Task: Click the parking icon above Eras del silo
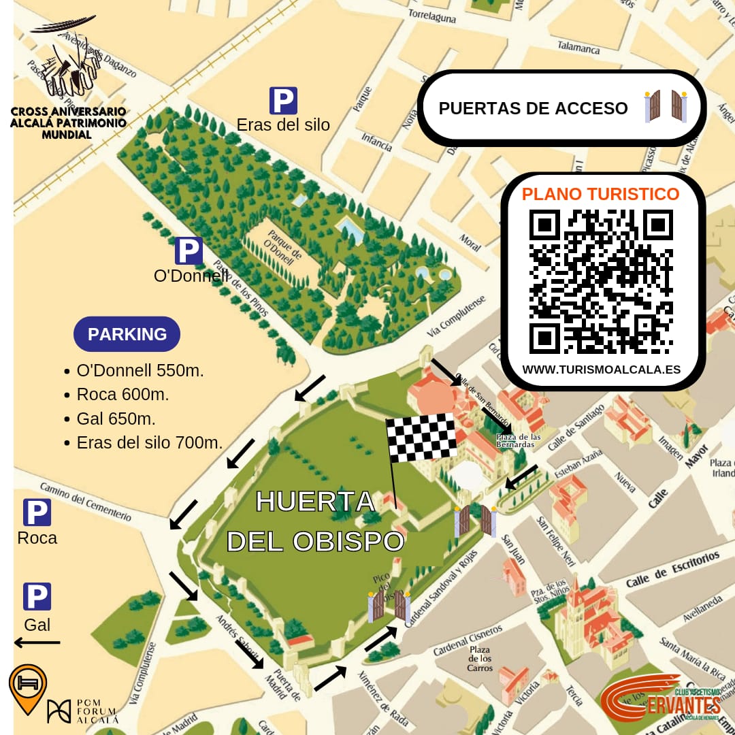click(283, 101)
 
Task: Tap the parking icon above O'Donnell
click(189, 250)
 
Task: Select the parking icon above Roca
click(37, 512)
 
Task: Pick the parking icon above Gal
click(37, 596)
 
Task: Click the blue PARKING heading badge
click(127, 334)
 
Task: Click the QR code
click(601, 282)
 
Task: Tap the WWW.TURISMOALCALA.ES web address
click(601, 370)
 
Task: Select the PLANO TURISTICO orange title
click(600, 194)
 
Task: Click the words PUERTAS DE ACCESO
click(533, 108)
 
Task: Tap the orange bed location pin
click(27, 687)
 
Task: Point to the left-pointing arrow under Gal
click(37, 642)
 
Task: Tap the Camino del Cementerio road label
click(85, 502)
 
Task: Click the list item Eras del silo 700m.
click(150, 442)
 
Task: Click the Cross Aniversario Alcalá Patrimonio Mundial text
click(68, 122)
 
